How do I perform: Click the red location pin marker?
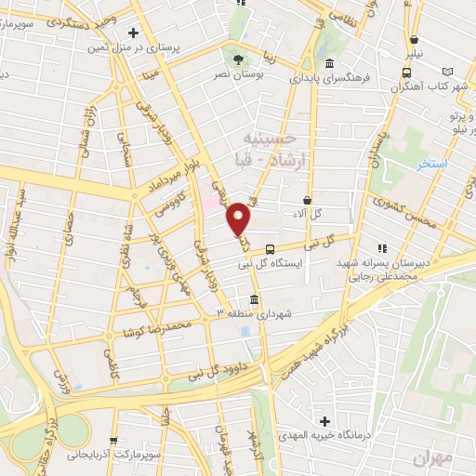tap(239, 218)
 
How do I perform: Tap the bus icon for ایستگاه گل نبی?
tap(270, 249)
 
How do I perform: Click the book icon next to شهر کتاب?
tap(450, 71)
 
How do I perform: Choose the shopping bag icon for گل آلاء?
tap(308, 200)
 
